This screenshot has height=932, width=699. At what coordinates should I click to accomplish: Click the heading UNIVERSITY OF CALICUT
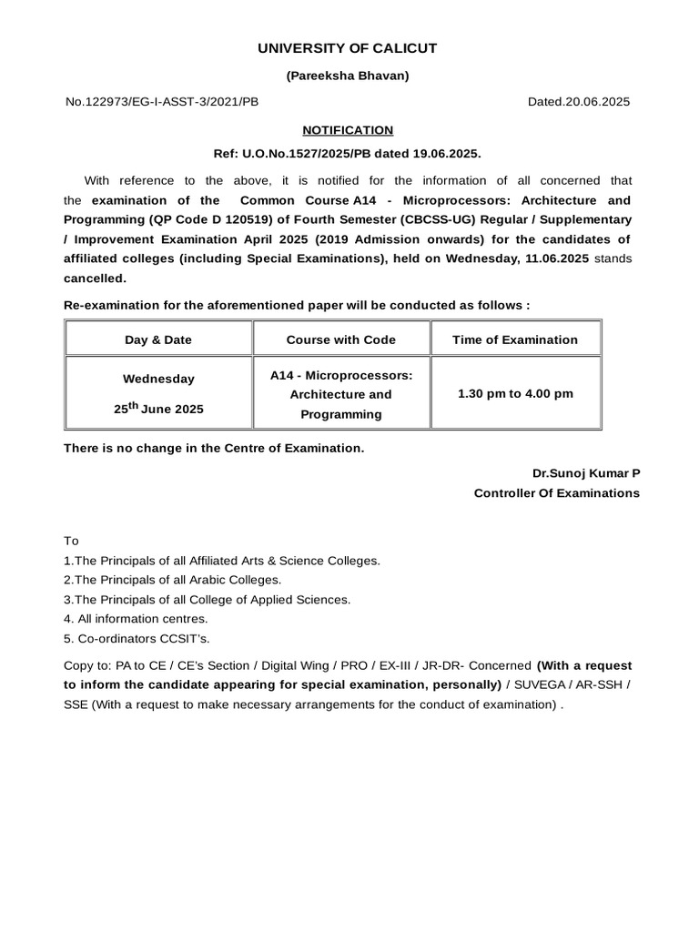pos(349,48)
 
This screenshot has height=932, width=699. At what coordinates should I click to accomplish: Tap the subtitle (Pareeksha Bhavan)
pos(349,76)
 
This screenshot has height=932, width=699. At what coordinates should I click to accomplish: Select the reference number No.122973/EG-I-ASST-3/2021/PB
pos(162,102)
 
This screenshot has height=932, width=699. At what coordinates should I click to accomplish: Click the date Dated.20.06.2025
pos(579,102)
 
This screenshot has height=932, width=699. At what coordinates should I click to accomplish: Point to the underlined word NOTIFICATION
pos(349,130)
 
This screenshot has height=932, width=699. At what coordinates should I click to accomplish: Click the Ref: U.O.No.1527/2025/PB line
pos(349,154)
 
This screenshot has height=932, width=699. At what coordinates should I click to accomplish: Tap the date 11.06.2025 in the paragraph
pos(557,258)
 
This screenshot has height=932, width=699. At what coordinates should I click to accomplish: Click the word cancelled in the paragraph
pos(95,279)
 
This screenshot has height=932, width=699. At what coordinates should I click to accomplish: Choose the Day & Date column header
pos(158,339)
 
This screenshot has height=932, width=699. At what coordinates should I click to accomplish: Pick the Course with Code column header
pos(341,339)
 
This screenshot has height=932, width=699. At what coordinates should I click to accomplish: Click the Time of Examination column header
pos(515,339)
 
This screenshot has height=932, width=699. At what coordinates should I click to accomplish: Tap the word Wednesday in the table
pos(158,379)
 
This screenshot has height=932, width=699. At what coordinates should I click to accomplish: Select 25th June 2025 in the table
pos(158,409)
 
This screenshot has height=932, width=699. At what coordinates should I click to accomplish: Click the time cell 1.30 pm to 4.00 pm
pos(515,394)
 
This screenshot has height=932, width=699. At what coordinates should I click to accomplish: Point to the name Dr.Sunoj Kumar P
pos(586,473)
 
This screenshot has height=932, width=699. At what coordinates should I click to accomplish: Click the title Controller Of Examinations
pos(556,493)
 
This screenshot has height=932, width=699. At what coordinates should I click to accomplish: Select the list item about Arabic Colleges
pos(173,580)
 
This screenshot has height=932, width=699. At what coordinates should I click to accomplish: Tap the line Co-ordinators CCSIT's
pos(137,638)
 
